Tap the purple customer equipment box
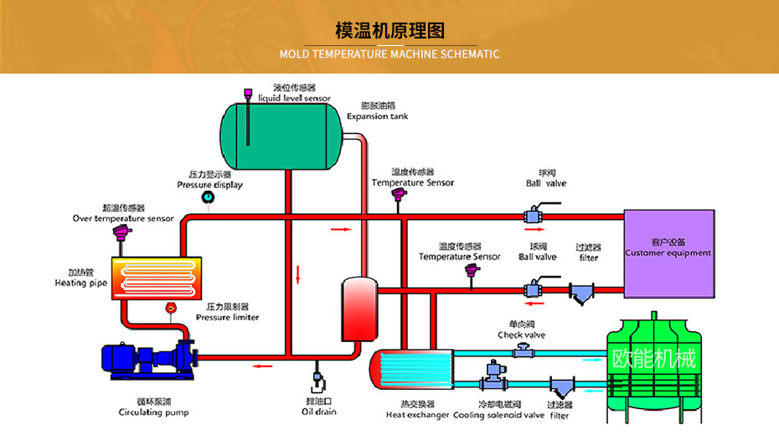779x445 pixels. tap(668, 253)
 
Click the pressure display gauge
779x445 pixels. tap(208, 197)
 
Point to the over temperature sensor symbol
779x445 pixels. tap(122, 233)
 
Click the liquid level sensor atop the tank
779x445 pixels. tap(248, 95)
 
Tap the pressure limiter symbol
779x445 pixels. tap(172, 308)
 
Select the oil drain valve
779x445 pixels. tap(317, 383)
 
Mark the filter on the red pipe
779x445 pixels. tap(581, 293)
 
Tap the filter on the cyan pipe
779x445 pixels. tap(560, 389)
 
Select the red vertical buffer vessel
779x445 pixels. tap(356, 308)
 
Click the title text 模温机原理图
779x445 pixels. tap(389, 30)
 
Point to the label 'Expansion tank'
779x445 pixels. tap(378, 116)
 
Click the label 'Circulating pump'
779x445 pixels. tap(153, 412)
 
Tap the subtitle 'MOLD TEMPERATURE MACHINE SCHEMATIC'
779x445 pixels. tap(389, 54)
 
